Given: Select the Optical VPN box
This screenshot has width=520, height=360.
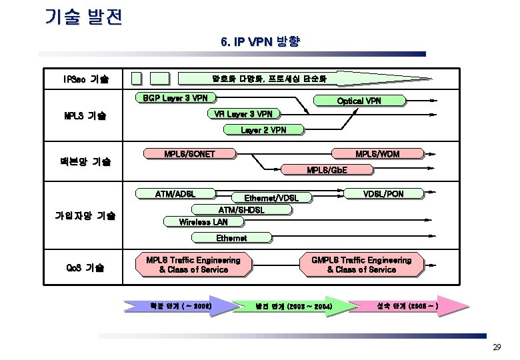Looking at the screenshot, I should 359,101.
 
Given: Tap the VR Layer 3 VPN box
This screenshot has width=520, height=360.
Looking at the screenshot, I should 243,114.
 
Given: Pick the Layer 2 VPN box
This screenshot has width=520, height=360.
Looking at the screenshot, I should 263,130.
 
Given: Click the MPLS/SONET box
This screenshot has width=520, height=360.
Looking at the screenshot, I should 189,154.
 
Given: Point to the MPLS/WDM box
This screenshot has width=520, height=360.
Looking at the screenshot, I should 377,154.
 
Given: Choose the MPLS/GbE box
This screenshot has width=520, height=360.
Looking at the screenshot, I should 327,170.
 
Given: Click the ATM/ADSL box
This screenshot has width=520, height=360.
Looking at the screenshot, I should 175,194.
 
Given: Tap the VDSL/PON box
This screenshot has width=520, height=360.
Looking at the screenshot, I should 383,194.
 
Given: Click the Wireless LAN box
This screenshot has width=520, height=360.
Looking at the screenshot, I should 203,222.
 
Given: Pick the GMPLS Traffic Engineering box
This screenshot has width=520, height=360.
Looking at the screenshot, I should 361,265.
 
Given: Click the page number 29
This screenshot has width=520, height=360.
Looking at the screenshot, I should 496,347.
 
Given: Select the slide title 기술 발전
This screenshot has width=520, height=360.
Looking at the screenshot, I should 83,17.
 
